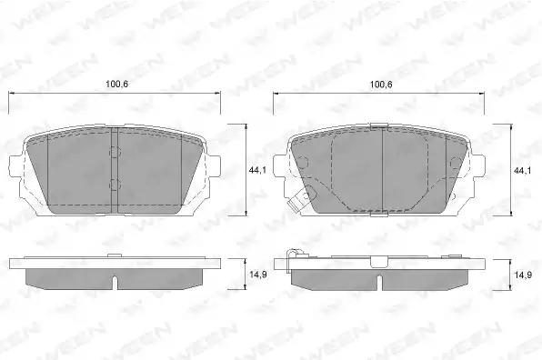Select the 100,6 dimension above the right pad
tap(381, 84)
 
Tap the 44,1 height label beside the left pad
tap(257, 170)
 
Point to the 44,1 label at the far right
tap(522, 170)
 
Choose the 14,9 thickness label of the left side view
tap(257, 275)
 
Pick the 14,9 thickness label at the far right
tap(522, 275)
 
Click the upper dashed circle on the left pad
tap(115, 152)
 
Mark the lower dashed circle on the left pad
tap(115, 185)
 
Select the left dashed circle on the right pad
tap(302, 163)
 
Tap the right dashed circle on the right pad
tap(456, 163)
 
